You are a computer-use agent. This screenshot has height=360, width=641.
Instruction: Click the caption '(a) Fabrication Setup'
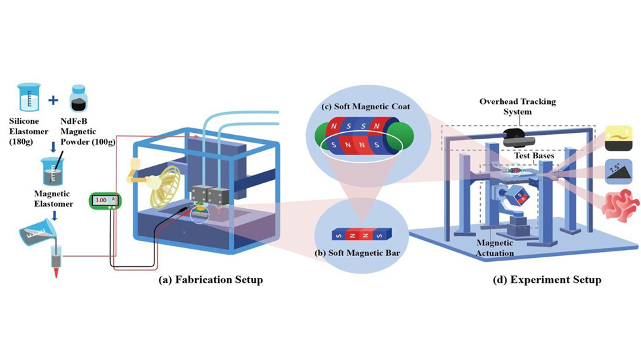pos(211,280)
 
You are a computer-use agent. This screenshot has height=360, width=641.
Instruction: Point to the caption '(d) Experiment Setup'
pos(547,280)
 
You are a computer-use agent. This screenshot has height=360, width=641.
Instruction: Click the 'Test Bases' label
pos(536,156)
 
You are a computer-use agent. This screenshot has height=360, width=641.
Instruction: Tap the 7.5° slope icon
pos(619,172)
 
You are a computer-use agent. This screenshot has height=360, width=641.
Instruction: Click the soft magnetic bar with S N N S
pos(354,232)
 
